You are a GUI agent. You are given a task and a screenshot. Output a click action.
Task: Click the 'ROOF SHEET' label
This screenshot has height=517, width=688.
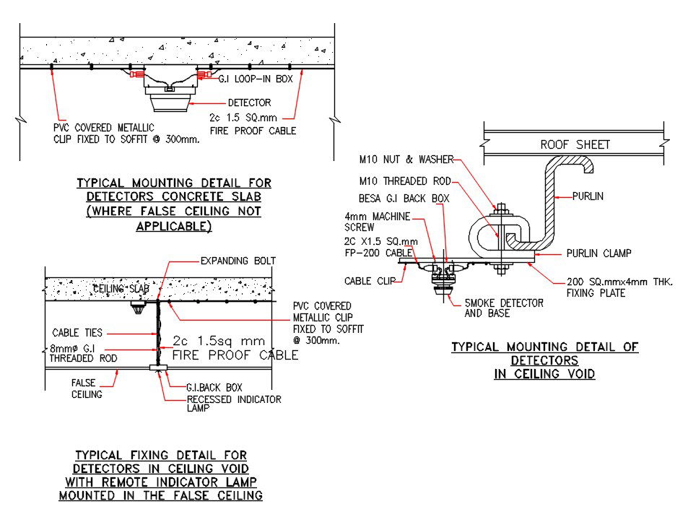[x=575, y=144]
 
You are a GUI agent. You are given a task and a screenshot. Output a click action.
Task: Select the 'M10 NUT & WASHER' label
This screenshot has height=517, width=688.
[x=404, y=159]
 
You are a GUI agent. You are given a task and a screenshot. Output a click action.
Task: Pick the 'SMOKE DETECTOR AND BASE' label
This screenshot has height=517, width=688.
[x=503, y=308]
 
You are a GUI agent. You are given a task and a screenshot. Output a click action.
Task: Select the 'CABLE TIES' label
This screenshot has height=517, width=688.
[x=77, y=333]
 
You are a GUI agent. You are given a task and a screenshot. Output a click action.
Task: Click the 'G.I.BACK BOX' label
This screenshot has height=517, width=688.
[x=215, y=388]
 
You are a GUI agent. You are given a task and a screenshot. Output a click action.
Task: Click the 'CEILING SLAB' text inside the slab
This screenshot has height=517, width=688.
[x=119, y=290]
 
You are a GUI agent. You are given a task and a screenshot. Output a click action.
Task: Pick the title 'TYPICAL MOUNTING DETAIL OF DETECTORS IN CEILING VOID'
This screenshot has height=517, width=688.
[x=544, y=360]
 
